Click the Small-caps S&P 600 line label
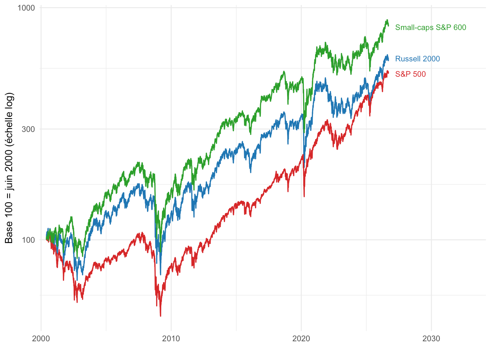pyautogui.click(x=431, y=28)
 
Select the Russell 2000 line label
pyautogui.click(x=418, y=59)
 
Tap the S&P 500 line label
pyautogui.click(x=410, y=74)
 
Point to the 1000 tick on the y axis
pyautogui.click(x=26, y=8)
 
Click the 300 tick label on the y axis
pyautogui.click(x=29, y=130)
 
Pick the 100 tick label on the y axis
pyautogui.click(x=29, y=240)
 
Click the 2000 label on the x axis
pyautogui.click(x=41, y=339)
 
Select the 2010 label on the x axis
pyautogui.click(x=171, y=339)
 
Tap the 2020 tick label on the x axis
pyautogui.click(x=301, y=339)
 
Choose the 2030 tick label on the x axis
pyautogui.click(x=431, y=339)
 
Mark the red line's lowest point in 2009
pyautogui.click(x=161, y=316)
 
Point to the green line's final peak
pyautogui.click(x=387, y=20)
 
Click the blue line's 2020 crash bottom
pyautogui.click(x=304, y=167)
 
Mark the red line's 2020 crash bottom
pyautogui.click(x=304, y=197)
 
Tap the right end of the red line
pyautogui.click(x=388, y=73)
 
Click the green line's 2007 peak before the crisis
pyautogui.click(x=138, y=163)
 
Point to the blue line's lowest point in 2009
pyautogui.click(x=161, y=274)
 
